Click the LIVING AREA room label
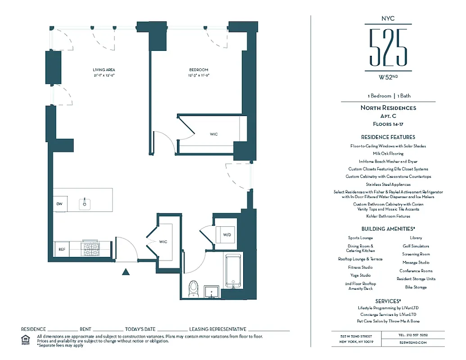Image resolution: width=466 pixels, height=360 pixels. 104,70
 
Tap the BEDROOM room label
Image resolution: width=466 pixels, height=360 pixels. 199,70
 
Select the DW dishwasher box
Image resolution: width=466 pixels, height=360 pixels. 59,204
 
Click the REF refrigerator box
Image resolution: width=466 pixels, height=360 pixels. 62,248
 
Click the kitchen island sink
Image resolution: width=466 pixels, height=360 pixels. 84,203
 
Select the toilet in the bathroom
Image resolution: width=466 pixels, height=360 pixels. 194,288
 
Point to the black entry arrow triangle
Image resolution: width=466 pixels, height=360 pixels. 126,271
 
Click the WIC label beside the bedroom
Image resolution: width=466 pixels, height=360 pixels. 213,134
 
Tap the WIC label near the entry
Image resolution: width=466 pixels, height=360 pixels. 163,242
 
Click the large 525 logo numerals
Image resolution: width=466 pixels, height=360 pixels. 388,47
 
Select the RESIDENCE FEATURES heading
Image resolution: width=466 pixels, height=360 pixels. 388,137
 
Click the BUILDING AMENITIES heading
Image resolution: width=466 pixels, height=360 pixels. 388,229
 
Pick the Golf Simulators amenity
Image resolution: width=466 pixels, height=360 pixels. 416,246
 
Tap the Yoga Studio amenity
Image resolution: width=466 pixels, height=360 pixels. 360,275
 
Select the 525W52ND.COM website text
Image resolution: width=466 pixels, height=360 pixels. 413,342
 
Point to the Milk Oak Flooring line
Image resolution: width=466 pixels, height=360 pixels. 388,153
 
